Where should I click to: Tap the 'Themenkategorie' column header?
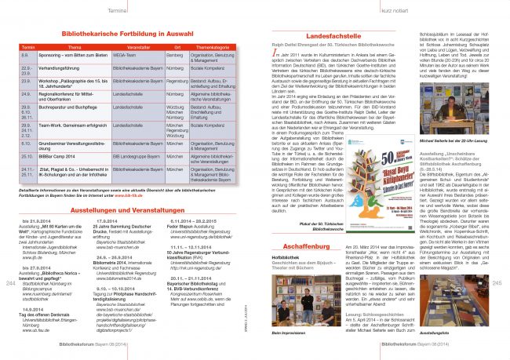click(x=212, y=47)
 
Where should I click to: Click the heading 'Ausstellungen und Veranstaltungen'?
click(x=127, y=213)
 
